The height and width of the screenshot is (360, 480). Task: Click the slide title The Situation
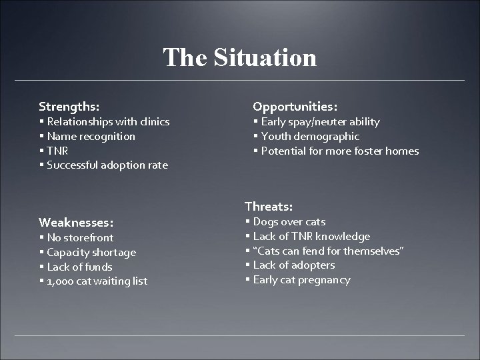click(x=240, y=57)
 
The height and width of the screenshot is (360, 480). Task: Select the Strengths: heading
click(x=69, y=106)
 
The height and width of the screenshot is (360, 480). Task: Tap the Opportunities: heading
click(x=295, y=106)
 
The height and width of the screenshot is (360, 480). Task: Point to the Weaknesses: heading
click(x=76, y=221)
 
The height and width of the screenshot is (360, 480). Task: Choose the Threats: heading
click(x=269, y=207)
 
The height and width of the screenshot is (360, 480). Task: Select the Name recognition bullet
click(x=91, y=137)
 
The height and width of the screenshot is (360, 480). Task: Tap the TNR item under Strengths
click(x=57, y=151)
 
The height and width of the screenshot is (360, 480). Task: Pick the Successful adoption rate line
click(x=107, y=165)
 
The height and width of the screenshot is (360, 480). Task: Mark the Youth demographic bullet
click(x=310, y=137)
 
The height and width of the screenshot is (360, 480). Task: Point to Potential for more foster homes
click(x=339, y=151)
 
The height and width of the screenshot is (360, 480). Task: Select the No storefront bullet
click(x=80, y=238)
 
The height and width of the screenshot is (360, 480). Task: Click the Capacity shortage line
click(x=91, y=253)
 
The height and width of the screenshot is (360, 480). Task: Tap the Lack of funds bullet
click(x=79, y=267)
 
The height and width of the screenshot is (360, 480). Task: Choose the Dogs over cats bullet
click(x=289, y=222)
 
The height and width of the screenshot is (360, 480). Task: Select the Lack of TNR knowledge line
click(x=311, y=237)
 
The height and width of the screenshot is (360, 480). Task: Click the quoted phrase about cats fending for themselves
click(x=329, y=251)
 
